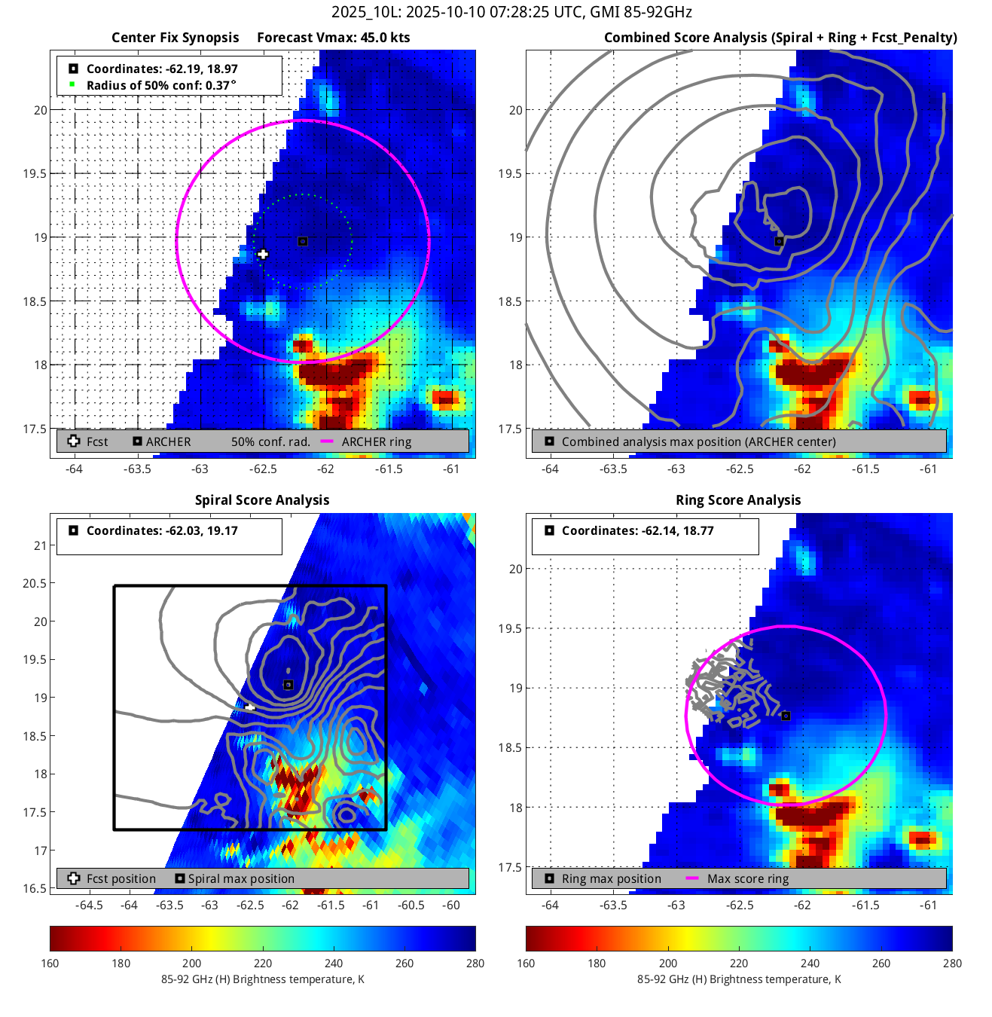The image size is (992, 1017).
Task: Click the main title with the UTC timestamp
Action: coord(511,12)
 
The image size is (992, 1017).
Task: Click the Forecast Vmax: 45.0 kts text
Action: coord(333,38)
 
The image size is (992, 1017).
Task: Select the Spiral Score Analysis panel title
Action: coord(262,500)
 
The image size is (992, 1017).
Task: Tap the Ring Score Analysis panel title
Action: coord(738,500)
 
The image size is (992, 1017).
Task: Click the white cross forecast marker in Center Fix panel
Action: coord(262,255)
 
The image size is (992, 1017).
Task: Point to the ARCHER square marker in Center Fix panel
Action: coord(303,242)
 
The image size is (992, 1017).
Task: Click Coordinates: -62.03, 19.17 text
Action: coord(162,531)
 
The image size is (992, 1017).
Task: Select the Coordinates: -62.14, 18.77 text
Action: coord(637,531)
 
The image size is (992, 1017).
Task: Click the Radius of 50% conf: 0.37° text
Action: coord(161,86)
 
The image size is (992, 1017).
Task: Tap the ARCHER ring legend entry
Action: coord(376,442)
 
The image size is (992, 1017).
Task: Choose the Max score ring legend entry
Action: coord(747,879)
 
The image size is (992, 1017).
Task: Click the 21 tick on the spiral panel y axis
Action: coord(40,545)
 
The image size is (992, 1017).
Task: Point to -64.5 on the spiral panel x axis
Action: coord(90,906)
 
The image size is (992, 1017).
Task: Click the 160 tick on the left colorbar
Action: coord(50,964)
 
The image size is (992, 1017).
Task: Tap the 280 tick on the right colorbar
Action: coord(952,964)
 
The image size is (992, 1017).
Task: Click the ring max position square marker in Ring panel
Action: coord(786,716)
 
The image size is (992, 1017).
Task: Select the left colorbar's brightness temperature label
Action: coord(262,979)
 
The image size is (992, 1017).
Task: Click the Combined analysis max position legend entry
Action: coord(698,442)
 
